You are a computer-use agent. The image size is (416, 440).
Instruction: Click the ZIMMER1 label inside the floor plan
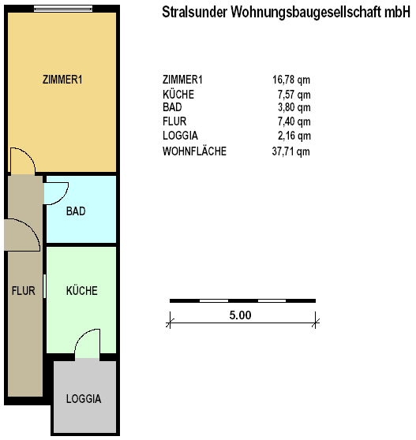62,80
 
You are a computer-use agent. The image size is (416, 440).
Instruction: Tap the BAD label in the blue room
76,211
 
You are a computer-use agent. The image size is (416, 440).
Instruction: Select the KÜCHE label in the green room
82,290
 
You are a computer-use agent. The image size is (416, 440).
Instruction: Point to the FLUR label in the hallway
24,291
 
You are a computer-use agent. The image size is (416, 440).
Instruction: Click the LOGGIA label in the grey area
84,399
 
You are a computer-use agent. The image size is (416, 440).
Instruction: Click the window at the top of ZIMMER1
63,9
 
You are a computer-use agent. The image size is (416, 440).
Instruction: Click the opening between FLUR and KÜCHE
44,286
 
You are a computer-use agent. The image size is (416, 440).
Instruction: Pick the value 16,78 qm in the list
291,80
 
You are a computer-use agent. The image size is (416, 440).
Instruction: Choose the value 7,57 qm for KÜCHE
294,95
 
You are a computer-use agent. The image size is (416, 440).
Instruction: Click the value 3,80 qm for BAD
294,107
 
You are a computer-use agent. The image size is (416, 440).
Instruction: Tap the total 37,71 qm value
291,152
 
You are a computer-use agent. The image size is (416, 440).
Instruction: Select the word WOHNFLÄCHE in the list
194,151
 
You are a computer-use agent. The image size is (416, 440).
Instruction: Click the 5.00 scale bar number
240,315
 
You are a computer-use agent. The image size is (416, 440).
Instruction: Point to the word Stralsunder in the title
194,12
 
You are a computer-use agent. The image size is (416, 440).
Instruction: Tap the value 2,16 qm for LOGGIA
294,136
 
